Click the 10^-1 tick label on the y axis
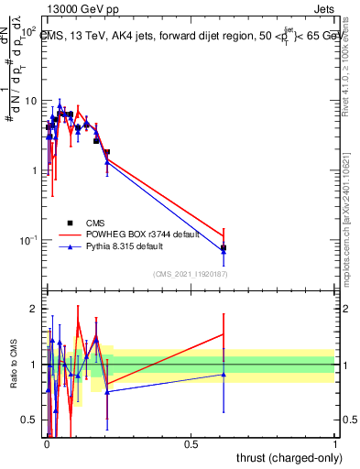tap(31, 240)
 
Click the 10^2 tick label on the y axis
tap(31, 31)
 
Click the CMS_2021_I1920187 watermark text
tap(190, 273)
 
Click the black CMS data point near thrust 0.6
tap(224, 247)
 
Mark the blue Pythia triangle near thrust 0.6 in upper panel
tap(224, 250)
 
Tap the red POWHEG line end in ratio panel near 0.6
tap(224, 333)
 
